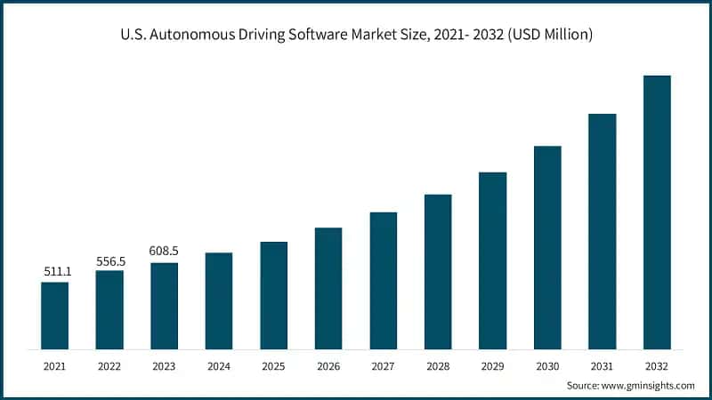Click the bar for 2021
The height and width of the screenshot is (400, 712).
click(54, 315)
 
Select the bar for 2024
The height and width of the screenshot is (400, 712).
click(219, 300)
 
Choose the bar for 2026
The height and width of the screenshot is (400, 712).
click(328, 288)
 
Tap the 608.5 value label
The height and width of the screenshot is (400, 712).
click(164, 252)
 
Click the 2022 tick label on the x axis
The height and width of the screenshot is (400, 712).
click(109, 365)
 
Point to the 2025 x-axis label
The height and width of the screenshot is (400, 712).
click(273, 365)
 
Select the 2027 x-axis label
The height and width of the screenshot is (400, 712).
click(383, 365)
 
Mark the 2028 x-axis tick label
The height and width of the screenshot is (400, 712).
click(438, 365)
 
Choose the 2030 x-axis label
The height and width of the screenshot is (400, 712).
click(547, 365)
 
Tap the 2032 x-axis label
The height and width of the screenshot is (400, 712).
click(657, 365)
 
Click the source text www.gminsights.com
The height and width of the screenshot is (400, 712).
click(648, 385)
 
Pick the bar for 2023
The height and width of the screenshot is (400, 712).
click(164, 305)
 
